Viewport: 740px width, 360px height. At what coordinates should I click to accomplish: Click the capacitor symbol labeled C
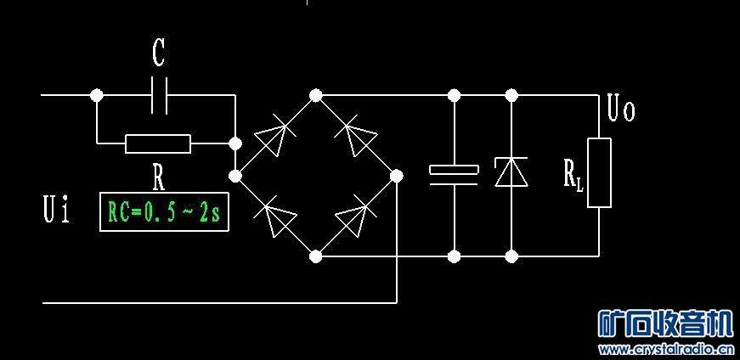[x=159, y=95]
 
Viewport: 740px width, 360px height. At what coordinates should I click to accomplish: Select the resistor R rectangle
[x=158, y=143]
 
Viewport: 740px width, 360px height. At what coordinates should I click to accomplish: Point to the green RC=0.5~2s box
[x=164, y=212]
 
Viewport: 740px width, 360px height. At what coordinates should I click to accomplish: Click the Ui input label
[x=56, y=210]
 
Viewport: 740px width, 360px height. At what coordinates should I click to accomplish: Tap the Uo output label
[x=621, y=110]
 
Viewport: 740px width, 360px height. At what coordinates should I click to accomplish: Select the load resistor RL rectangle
[x=599, y=172]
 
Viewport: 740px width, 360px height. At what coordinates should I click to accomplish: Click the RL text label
[x=573, y=175]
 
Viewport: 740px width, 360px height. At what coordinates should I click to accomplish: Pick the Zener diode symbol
[x=511, y=172]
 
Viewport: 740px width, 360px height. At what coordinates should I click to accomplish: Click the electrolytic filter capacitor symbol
[x=454, y=173]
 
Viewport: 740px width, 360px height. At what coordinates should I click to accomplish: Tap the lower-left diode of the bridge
[x=276, y=217]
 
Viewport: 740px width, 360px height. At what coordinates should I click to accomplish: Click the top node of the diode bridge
[x=315, y=95]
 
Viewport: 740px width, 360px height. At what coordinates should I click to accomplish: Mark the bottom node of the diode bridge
[x=315, y=255]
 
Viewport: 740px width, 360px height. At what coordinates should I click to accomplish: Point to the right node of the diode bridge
[x=396, y=176]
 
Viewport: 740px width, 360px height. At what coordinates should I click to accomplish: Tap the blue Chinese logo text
[x=665, y=323]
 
